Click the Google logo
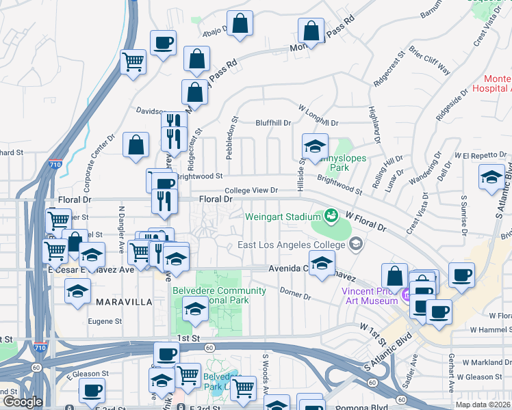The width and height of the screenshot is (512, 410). point(23,402)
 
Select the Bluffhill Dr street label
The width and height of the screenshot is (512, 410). point(273,123)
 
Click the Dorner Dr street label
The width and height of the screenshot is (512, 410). point(296,293)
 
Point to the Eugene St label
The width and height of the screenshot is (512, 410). point(105,320)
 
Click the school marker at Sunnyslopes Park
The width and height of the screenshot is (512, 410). point(315,146)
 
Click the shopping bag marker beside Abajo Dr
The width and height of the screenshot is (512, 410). point(240,24)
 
